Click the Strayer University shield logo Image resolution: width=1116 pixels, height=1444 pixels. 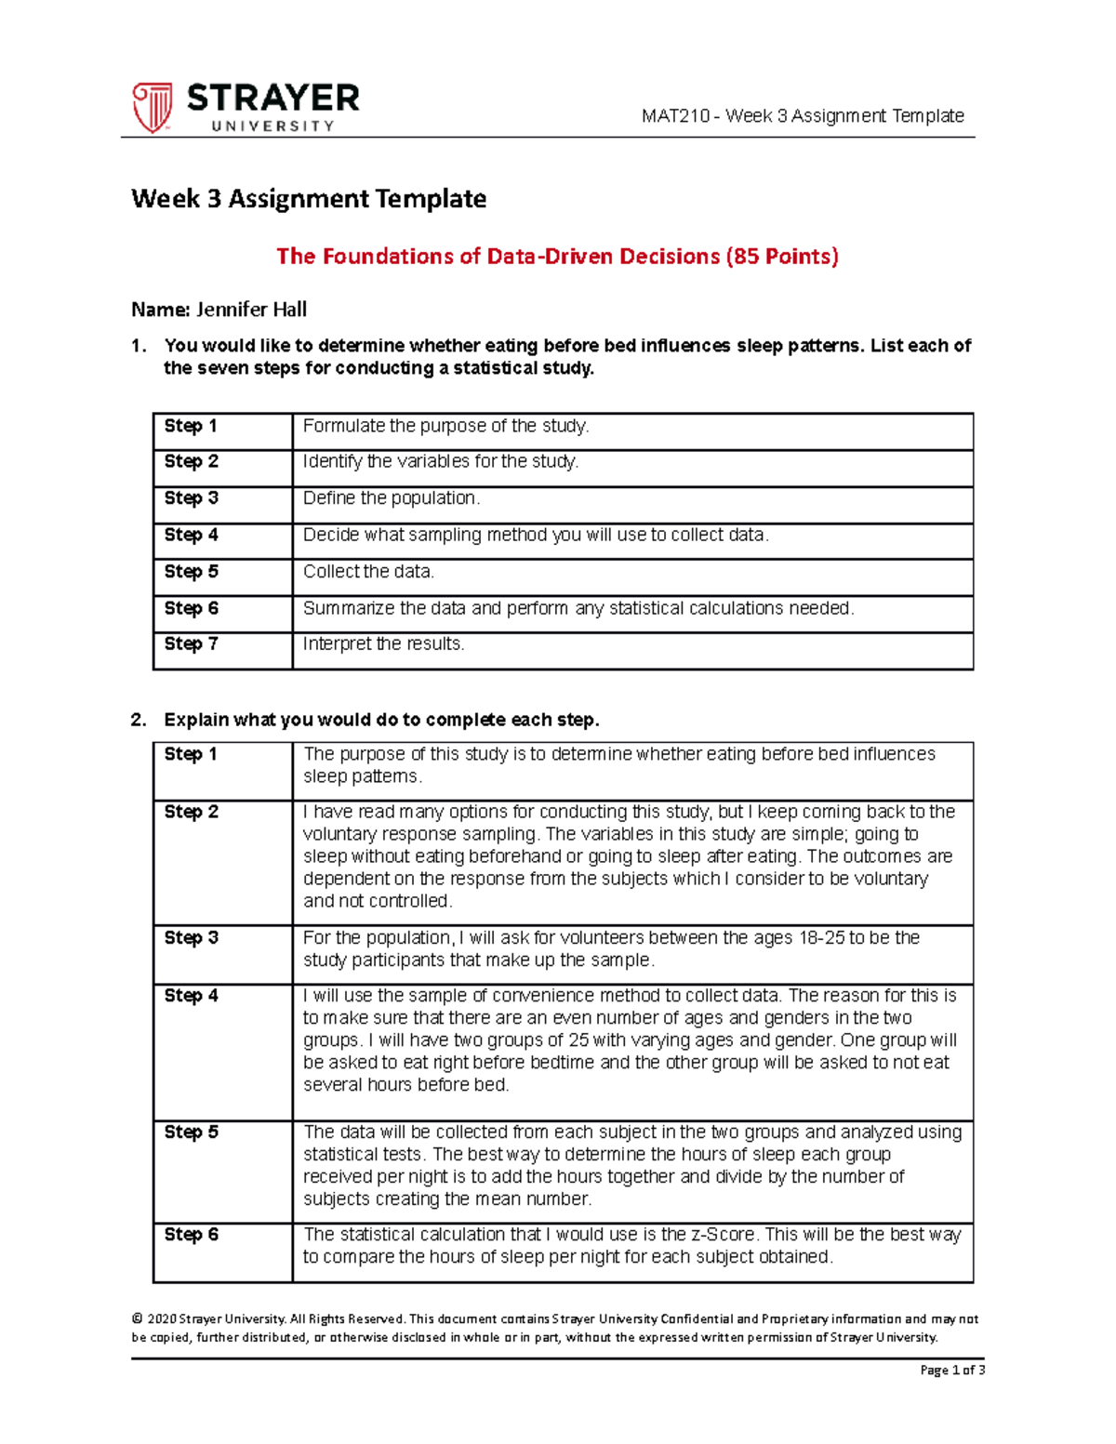[152, 107]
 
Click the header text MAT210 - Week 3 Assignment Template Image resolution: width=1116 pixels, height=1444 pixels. [803, 116]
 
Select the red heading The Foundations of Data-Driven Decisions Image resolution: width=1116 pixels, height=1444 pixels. [557, 257]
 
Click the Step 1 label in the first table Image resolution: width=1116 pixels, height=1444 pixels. [191, 426]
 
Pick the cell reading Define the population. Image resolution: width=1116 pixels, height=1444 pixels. [392, 498]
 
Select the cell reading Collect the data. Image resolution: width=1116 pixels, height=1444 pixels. [368, 572]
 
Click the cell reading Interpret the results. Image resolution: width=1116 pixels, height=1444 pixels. [383, 643]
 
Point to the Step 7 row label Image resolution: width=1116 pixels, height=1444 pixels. [191, 643]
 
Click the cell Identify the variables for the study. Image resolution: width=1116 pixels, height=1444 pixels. [441, 461]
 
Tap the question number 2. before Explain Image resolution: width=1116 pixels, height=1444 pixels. [139, 720]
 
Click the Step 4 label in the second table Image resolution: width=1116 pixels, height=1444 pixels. [191, 996]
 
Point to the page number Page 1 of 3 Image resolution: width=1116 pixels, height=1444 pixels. [952, 1370]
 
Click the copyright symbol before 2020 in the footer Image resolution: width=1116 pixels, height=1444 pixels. [137, 1318]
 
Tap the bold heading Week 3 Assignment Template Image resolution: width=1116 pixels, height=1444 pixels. [309, 199]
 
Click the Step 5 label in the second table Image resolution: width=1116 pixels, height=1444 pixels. [191, 1133]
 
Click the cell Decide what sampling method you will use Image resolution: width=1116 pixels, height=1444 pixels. [536, 536]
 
